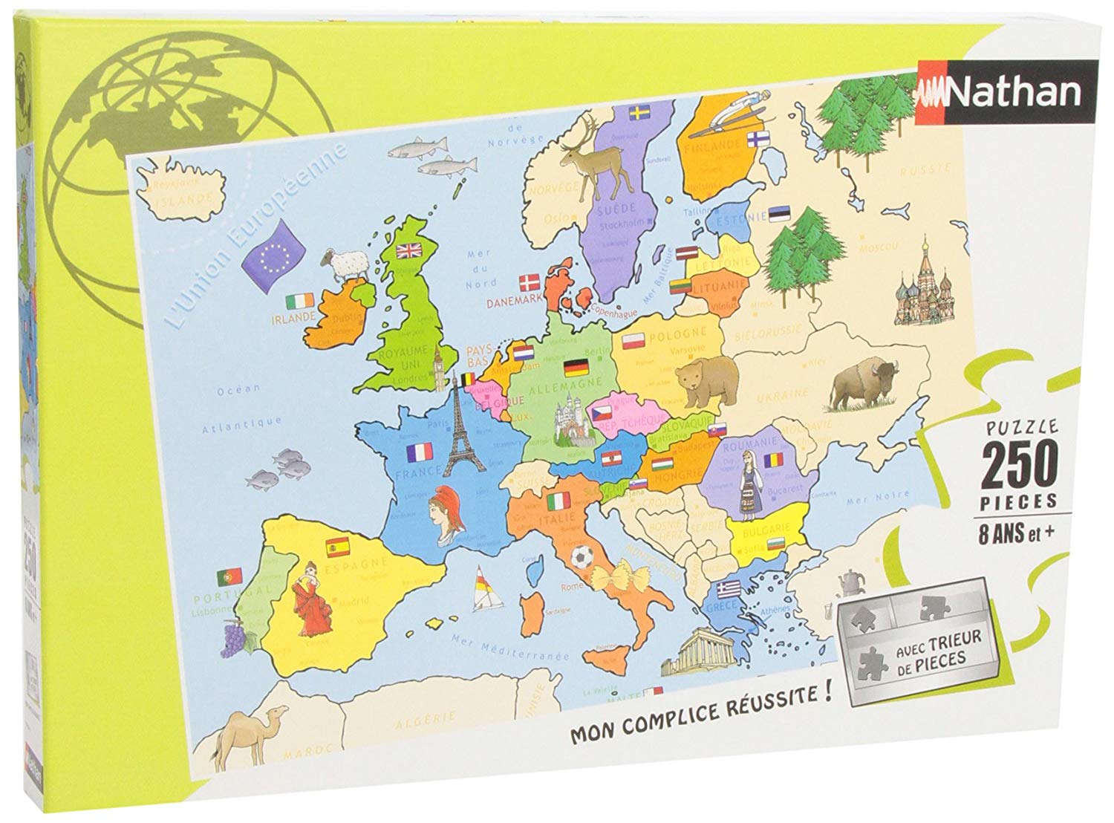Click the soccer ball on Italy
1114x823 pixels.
580,556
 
